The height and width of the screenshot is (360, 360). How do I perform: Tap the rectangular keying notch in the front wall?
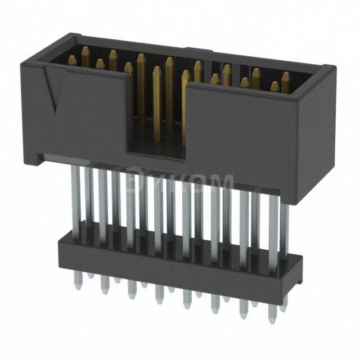click(158, 112)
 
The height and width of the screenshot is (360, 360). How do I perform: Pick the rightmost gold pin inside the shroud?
click(286, 79)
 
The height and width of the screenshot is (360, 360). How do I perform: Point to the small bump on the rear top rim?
click(191, 49)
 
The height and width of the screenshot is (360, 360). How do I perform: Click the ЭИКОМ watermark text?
click(180, 183)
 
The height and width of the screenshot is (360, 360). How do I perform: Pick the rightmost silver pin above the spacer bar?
click(284, 225)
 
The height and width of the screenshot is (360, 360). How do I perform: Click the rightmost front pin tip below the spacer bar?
click(272, 318)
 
